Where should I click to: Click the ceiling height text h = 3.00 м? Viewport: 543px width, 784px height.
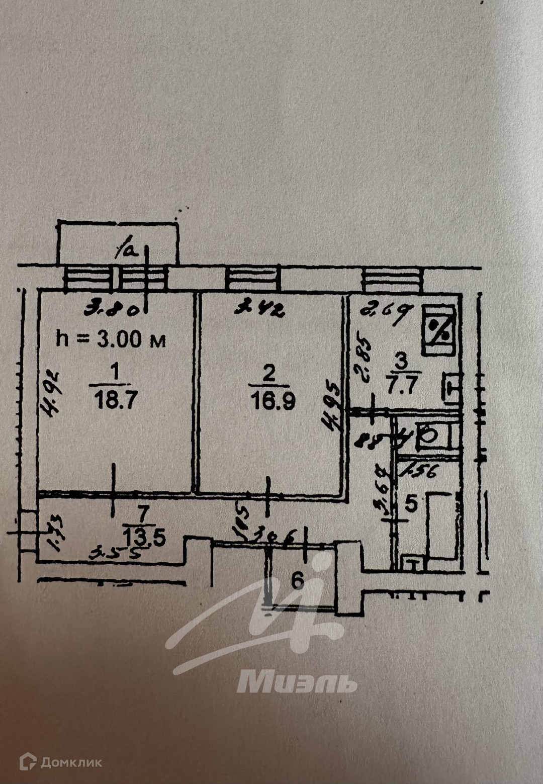click(111, 339)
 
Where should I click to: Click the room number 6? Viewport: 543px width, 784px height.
click(298, 581)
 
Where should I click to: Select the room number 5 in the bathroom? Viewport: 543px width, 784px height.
click(411, 504)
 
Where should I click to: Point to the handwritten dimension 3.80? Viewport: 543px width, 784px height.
click(111, 308)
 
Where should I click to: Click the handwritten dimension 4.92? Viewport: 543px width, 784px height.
click(52, 394)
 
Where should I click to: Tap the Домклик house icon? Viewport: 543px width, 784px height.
click(28, 761)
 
